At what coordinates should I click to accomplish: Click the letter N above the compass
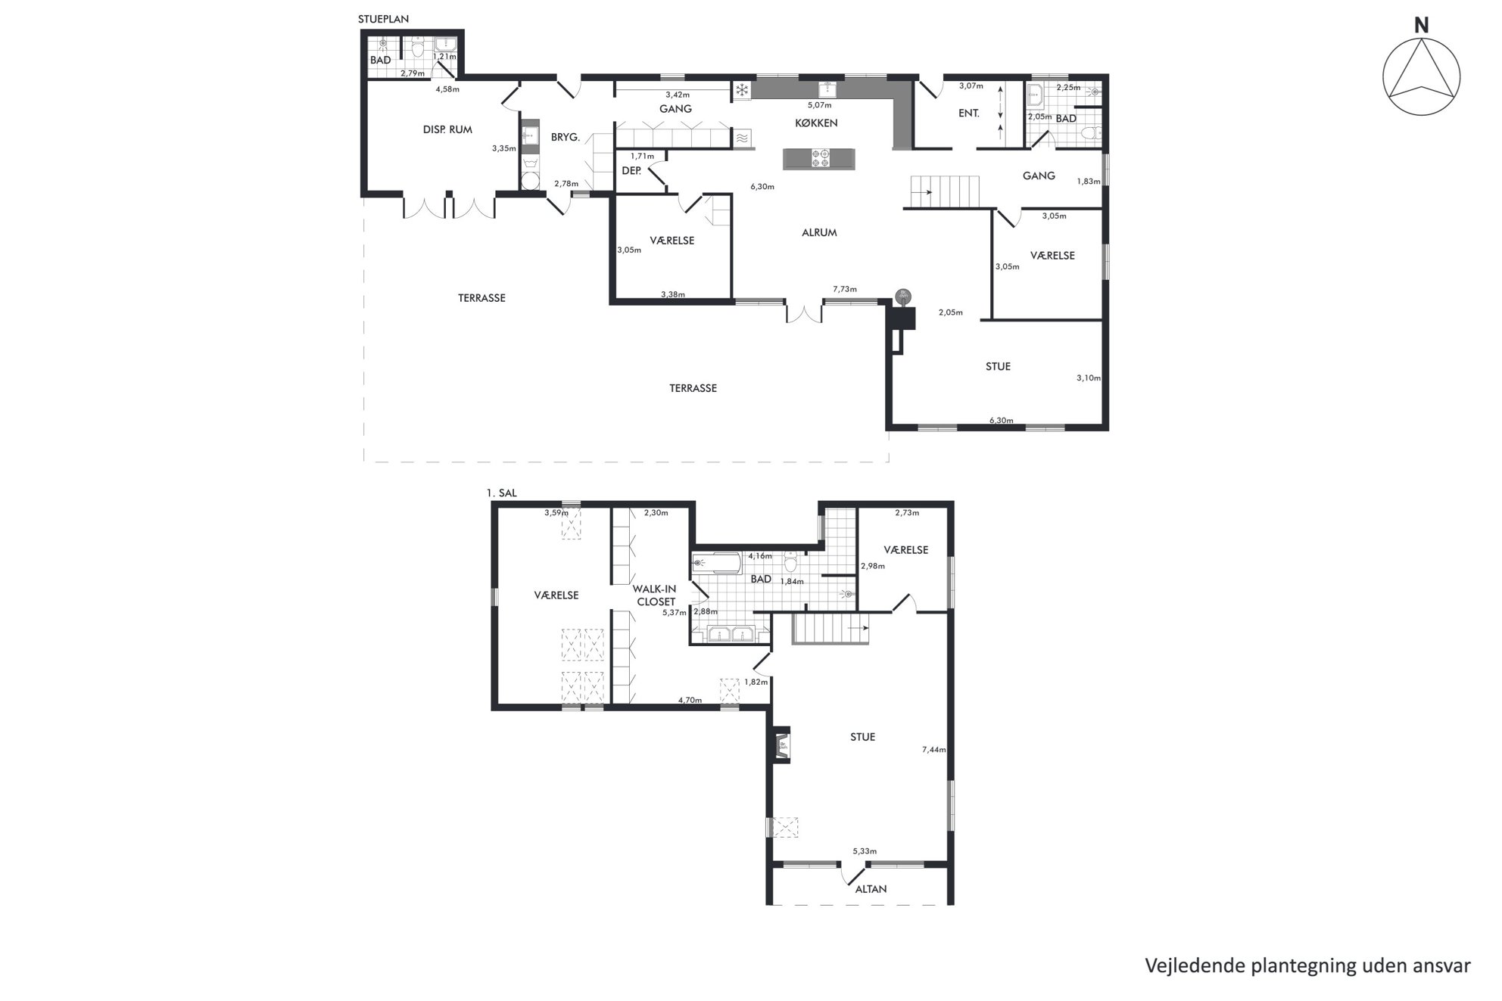point(1421,26)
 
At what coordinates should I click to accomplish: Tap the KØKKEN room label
point(816,123)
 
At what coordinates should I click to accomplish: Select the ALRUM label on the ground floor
point(819,232)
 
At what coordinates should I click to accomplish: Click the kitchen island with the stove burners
point(819,159)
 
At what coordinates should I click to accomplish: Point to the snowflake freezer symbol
point(742,91)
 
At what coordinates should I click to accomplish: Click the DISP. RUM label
point(447,129)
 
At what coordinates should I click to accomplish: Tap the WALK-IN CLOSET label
point(655,595)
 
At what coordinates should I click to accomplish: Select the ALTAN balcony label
point(871,889)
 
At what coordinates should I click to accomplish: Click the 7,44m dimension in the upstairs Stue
point(933,750)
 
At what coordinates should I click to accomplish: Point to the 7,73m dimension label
point(845,289)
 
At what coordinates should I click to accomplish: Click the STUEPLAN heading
point(383,19)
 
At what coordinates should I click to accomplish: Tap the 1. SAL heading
point(501,493)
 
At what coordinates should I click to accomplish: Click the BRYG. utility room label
point(565,138)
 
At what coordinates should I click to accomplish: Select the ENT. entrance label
point(969,113)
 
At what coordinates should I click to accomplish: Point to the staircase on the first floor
point(830,628)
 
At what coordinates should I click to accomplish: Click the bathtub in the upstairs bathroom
point(716,563)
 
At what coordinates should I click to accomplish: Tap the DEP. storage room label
point(631,171)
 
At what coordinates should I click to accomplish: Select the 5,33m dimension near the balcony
point(865,851)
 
